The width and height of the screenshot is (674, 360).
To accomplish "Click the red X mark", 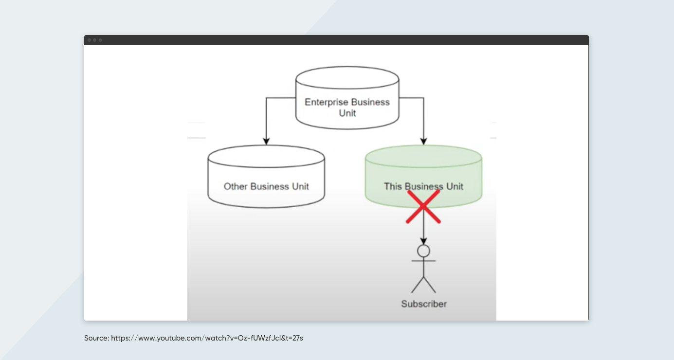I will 423,207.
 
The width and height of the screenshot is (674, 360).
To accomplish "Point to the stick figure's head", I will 424,251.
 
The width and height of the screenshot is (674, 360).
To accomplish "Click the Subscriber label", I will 423,304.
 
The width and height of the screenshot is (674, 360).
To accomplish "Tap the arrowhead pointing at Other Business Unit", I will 266,141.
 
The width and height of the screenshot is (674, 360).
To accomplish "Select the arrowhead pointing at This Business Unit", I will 423,141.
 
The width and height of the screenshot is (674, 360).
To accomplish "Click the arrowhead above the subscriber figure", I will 423,241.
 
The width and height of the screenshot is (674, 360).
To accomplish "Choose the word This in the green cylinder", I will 393,186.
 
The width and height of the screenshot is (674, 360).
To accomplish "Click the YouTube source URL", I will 207,338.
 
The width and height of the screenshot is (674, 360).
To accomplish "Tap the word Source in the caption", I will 96,338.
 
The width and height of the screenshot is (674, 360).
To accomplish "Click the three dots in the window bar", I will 94,40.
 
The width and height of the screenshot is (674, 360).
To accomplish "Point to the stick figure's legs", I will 423,284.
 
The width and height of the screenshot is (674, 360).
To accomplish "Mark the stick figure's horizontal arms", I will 423,261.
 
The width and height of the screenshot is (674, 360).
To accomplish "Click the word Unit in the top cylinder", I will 347,113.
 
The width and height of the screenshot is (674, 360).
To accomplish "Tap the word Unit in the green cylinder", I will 454,186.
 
